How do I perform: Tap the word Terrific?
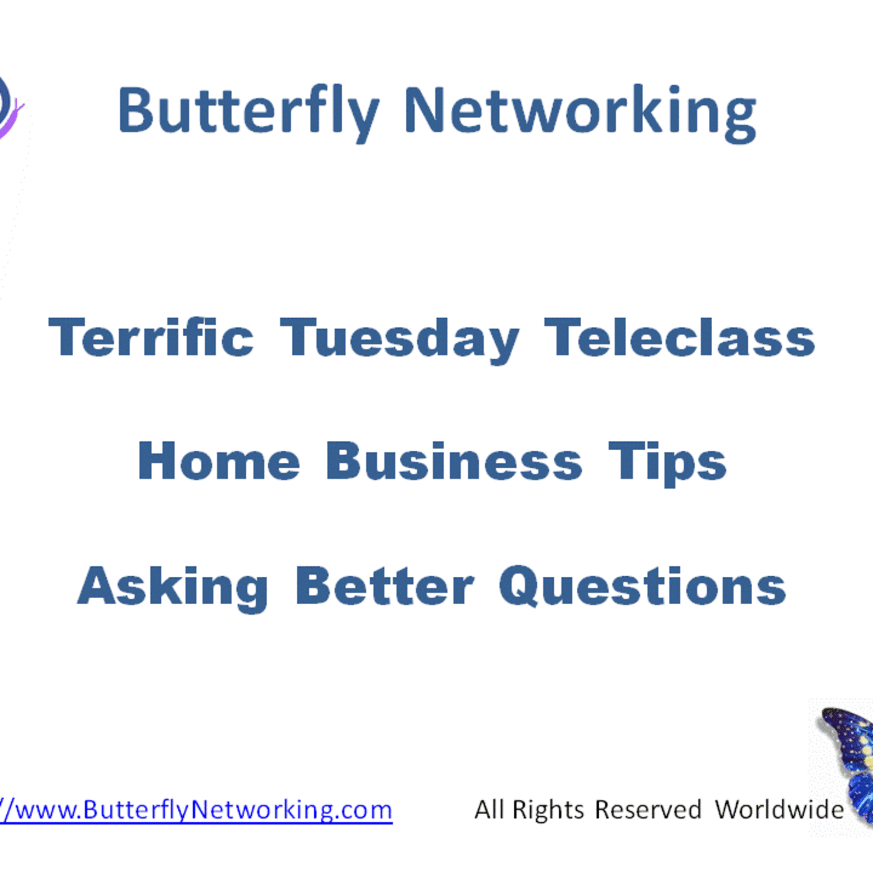click(x=151, y=338)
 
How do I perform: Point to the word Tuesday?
click(x=399, y=340)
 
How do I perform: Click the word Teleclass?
click(x=680, y=338)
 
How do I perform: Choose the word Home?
click(x=218, y=462)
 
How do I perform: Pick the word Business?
click(x=454, y=462)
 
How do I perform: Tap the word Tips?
click(x=667, y=463)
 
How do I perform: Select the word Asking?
click(x=173, y=587)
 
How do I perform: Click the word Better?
click(x=385, y=587)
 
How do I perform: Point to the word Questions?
click(x=642, y=587)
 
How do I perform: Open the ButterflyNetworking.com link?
click(x=196, y=810)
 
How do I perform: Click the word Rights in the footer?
click(x=548, y=810)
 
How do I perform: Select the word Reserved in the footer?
click(x=648, y=810)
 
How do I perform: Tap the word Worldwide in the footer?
click(x=779, y=809)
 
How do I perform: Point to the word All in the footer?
click(x=489, y=809)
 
